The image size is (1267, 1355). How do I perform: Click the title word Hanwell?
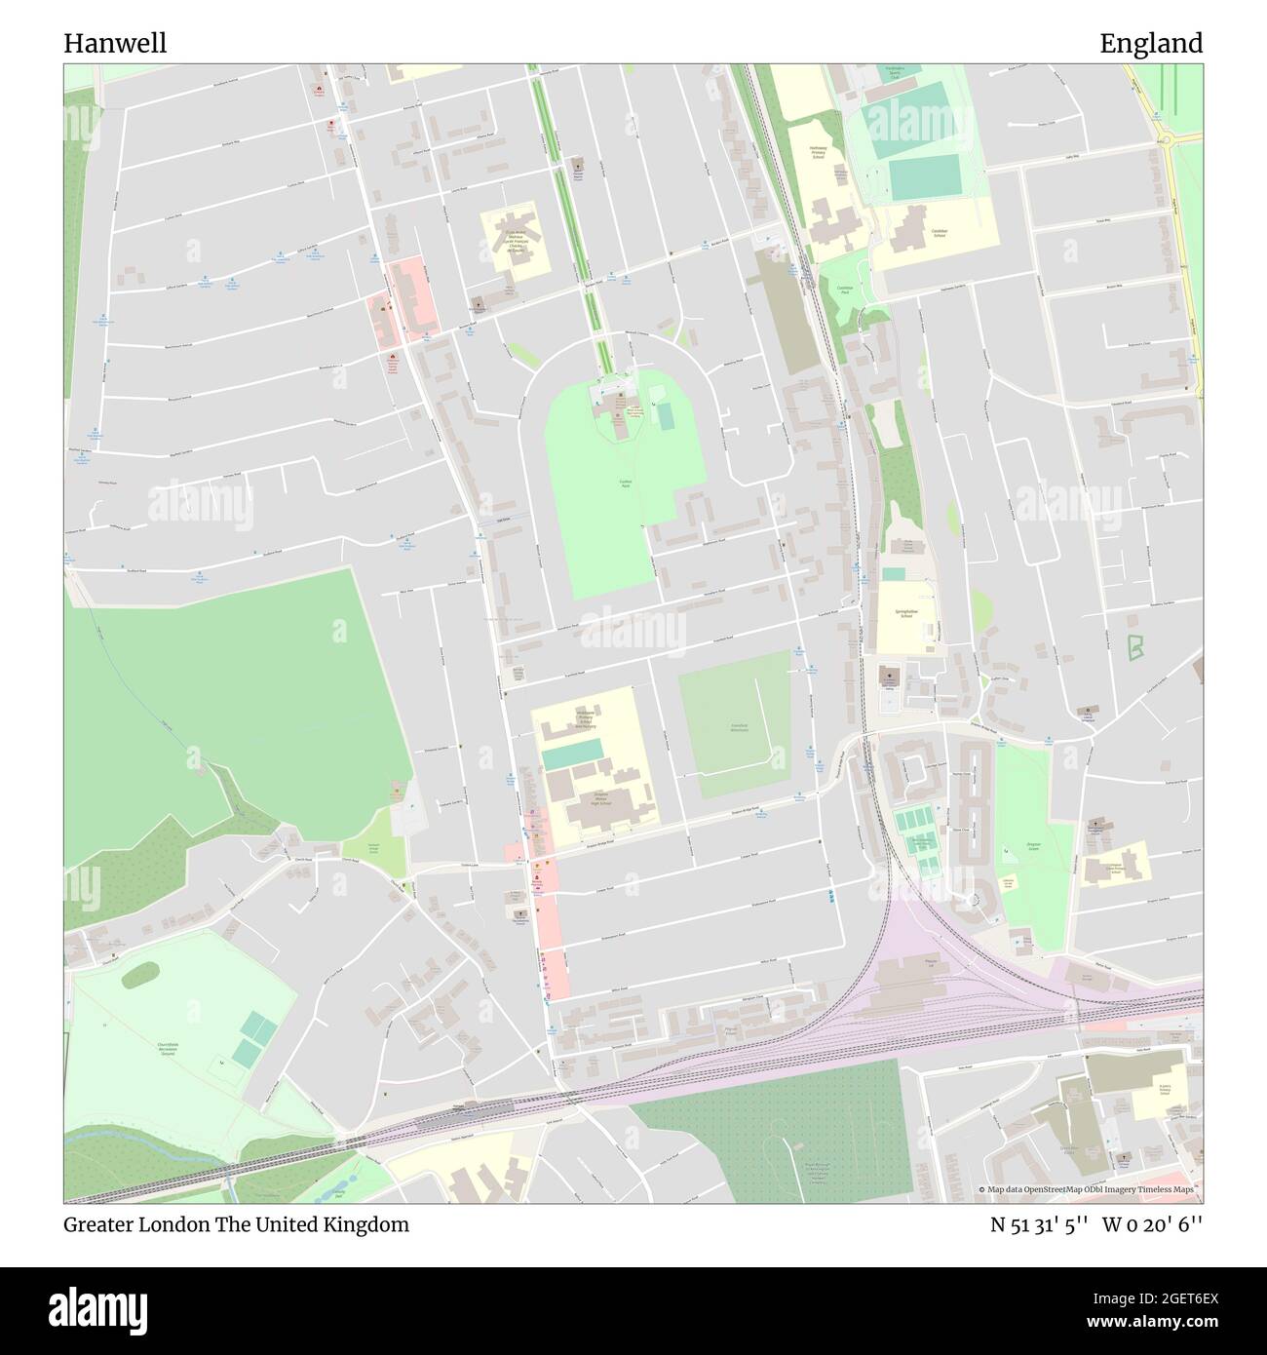pyautogui.click(x=115, y=43)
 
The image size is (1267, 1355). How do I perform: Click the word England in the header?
pyautogui.click(x=1151, y=43)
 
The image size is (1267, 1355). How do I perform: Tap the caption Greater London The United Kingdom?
pyautogui.click(x=237, y=1224)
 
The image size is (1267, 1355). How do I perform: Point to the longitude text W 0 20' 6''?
pyautogui.click(x=1153, y=1224)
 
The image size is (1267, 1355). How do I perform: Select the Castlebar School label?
pyautogui.click(x=939, y=232)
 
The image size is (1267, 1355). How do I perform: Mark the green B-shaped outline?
pyautogui.click(x=1135, y=646)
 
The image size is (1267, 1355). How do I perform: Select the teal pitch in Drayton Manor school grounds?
pyautogui.click(x=571, y=754)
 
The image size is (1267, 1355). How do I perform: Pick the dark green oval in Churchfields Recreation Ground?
pyautogui.click(x=140, y=973)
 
